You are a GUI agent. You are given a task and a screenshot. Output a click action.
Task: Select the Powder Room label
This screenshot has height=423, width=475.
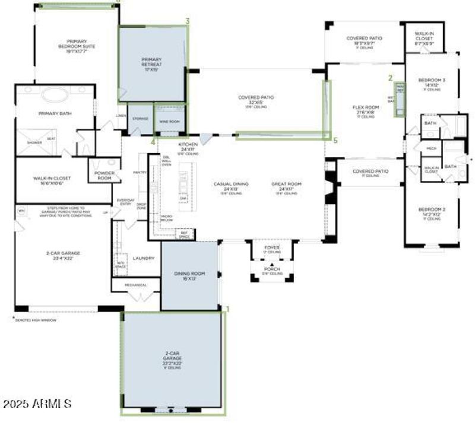pos(104,176)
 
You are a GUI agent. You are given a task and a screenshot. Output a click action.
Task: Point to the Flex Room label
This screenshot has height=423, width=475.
pos(366,107)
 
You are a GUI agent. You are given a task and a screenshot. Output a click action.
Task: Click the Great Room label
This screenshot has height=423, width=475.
pos(286,184)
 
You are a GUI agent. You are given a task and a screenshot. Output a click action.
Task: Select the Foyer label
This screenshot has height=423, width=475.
pos(271,247)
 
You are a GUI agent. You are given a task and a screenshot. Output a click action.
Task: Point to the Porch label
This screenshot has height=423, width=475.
pos(271,268)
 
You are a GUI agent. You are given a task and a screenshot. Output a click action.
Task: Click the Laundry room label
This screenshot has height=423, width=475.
pos(143,258)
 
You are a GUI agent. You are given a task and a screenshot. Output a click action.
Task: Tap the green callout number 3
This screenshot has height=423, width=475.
pos(188,21)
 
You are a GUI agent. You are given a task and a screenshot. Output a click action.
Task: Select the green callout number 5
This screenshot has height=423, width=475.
pos(335,141)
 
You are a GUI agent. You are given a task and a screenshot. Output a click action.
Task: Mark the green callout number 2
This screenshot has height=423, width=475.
pos(390,78)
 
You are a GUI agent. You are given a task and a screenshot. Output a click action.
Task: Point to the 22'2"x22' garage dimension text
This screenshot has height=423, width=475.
pos(173,363)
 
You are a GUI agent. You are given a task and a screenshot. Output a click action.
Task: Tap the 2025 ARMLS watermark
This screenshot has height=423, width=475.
pos(37,404)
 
